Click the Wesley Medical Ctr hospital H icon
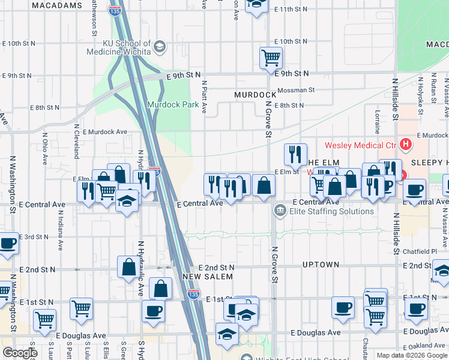pyautogui.click(x=406, y=145)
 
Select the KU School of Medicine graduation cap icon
pyautogui.click(x=159, y=46)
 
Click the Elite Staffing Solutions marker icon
pyautogui.click(x=280, y=211)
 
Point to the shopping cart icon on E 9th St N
pyautogui.click(x=271, y=58)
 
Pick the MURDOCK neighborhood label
pyautogui.click(x=255, y=95)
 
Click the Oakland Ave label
pyautogui.click(x=429, y=345)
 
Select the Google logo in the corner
pyautogui.click(x=19, y=353)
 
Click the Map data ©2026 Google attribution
pyautogui.click(x=412, y=355)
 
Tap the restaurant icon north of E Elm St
pyautogui.click(x=295, y=155)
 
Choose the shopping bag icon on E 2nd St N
pyautogui.click(x=128, y=268)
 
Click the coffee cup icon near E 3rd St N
pyautogui.click(x=8, y=244)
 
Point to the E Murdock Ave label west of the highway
pyautogui.click(x=105, y=131)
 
